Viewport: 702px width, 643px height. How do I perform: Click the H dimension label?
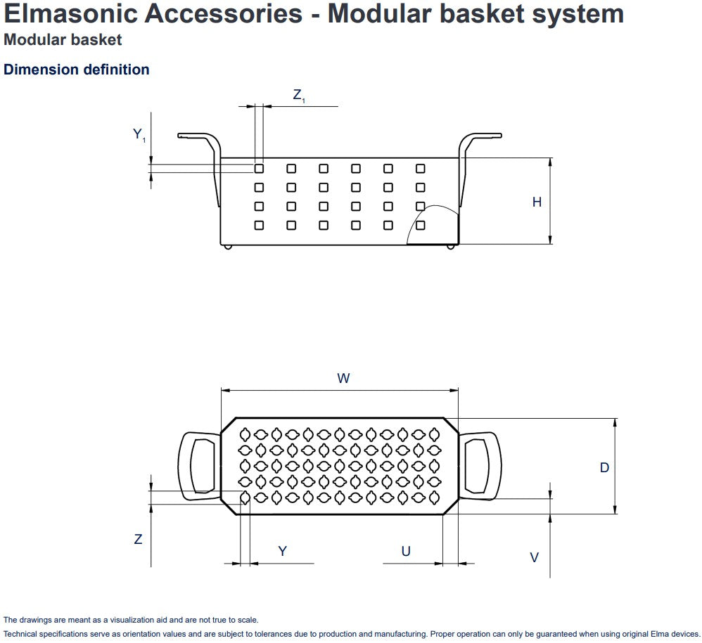tap(537, 202)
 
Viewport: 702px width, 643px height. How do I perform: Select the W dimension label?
tap(343, 379)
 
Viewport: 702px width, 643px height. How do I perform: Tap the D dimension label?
tap(604, 467)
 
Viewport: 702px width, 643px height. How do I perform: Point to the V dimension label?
tap(535, 557)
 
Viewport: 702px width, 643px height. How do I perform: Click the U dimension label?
tap(406, 552)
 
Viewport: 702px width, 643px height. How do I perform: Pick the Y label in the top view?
tap(282, 552)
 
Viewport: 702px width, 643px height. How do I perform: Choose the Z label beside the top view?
tap(138, 540)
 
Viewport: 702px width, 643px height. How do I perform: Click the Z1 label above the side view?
tap(299, 96)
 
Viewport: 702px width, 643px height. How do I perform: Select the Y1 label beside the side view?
tap(139, 134)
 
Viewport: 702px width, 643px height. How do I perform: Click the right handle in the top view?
tap(480, 465)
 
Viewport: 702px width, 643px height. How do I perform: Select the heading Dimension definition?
tap(77, 70)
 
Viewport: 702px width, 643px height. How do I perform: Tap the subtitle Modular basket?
tap(63, 40)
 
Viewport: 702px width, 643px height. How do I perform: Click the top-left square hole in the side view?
tap(259, 169)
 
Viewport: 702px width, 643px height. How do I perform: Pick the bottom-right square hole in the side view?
tap(421, 226)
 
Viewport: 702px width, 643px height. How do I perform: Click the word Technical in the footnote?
tap(20, 634)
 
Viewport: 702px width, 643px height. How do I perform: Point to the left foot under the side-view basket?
tap(226, 246)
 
